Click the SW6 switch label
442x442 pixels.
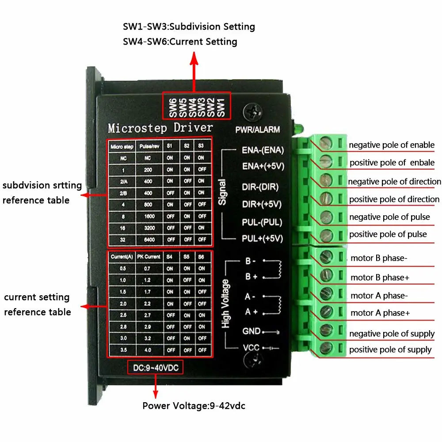(172, 107)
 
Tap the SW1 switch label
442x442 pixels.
(221, 107)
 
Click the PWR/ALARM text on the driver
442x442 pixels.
(258, 130)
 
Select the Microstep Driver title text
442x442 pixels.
(160, 128)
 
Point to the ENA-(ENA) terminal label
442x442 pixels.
(263, 150)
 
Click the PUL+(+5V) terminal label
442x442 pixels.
(262, 239)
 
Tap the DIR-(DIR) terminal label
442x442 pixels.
(260, 187)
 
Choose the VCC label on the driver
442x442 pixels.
(251, 347)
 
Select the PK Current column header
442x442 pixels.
(149, 257)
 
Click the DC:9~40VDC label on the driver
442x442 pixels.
(155, 367)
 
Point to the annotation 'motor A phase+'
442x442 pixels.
(380, 313)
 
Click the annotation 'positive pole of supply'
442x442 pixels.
(390, 350)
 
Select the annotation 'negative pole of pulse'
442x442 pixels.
(389, 217)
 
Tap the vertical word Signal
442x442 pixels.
(222, 191)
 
